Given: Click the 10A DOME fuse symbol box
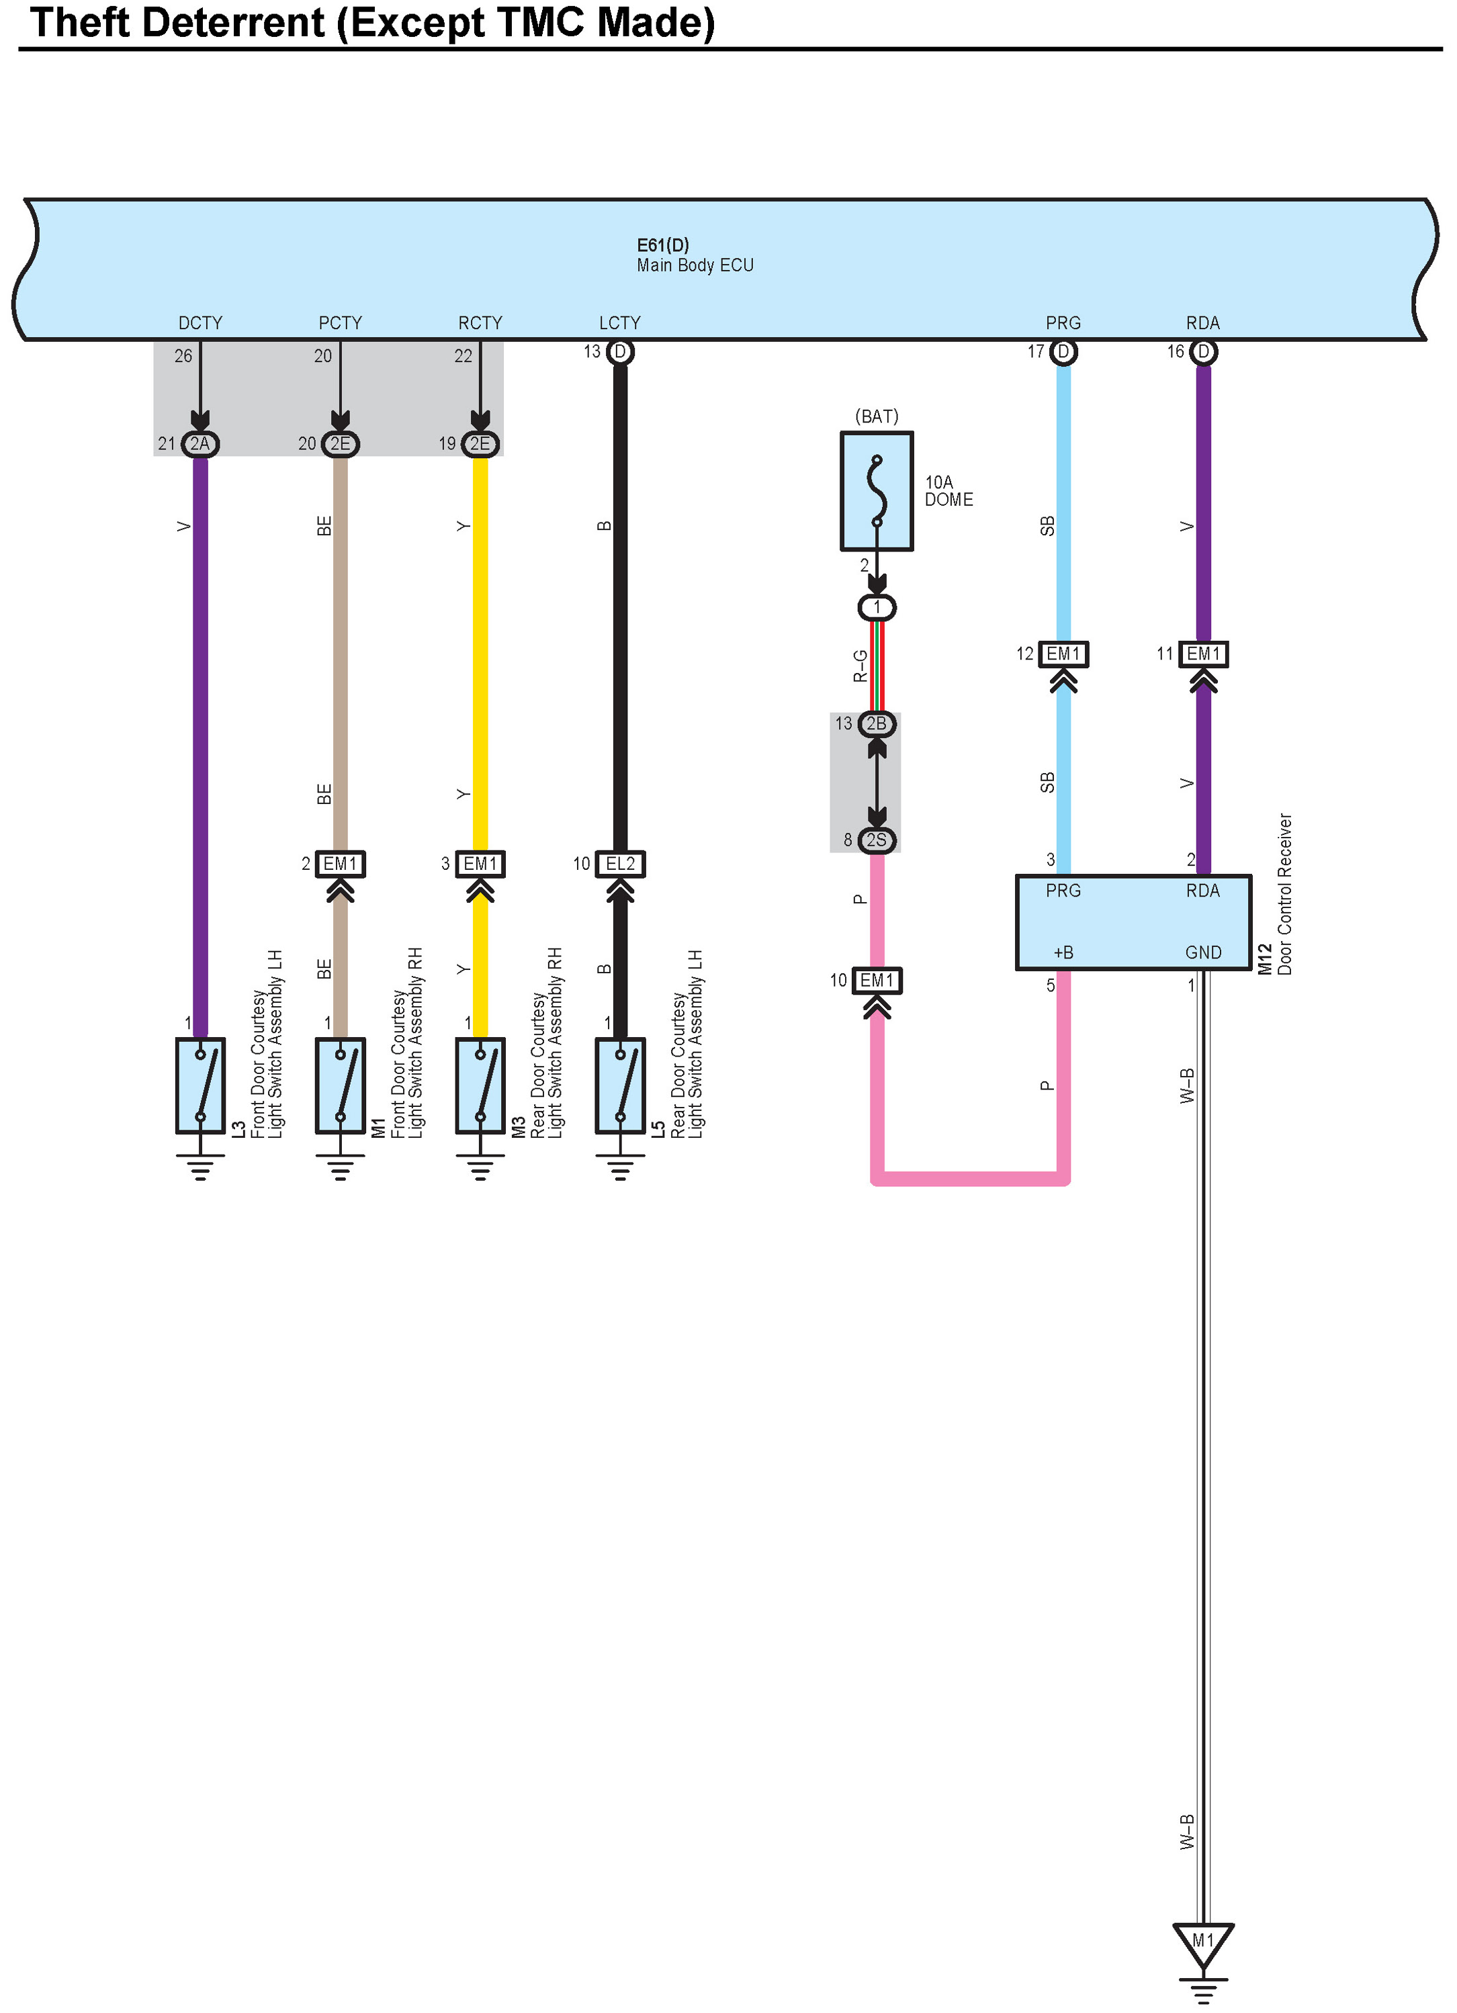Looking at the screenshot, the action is coord(877,491).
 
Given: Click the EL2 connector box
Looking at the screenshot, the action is coord(620,864).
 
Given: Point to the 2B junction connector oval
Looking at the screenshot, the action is coord(877,723).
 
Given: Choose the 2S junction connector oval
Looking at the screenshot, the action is coord(877,840).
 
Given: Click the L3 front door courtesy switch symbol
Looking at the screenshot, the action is coord(200,1085).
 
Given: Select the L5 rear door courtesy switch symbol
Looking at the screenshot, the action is coord(620,1085).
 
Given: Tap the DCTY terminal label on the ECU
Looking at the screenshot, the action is coord(201,323).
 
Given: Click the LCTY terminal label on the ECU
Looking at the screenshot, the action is coord(620,323).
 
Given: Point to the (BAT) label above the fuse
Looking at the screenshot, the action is coord(877,416).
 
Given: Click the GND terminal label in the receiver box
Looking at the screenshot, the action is coord(1203,952).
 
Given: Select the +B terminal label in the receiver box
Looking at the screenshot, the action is coord(1063,952).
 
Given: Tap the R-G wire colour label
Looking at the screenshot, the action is coord(859,666).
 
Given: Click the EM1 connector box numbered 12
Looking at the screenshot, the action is coord(1063,654).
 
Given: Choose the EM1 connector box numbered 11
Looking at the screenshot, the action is coord(1203,654).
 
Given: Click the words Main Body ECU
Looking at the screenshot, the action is coord(695,265).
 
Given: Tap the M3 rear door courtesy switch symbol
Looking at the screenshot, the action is coord(480,1085).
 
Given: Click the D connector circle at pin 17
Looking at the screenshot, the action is coord(1063,353).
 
